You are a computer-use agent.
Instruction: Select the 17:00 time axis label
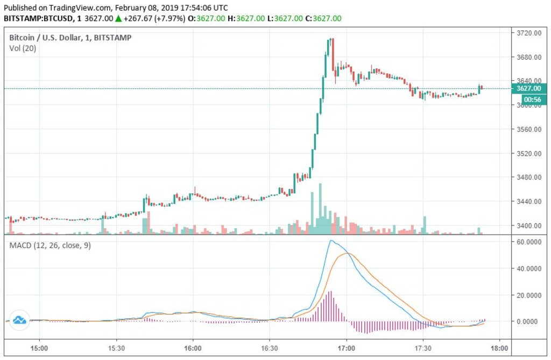click(346, 348)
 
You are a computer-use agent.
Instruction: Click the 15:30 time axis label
click(116, 348)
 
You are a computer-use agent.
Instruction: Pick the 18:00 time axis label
click(500, 348)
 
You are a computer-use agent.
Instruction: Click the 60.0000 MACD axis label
click(528, 242)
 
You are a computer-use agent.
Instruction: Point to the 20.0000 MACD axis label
click(528, 295)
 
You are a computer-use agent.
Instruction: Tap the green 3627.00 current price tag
click(528, 89)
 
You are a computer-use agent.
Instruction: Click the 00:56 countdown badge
click(528, 100)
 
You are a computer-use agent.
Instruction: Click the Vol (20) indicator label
click(23, 48)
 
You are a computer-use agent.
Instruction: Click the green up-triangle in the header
click(118, 18)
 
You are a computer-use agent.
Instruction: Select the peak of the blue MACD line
click(331, 241)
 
